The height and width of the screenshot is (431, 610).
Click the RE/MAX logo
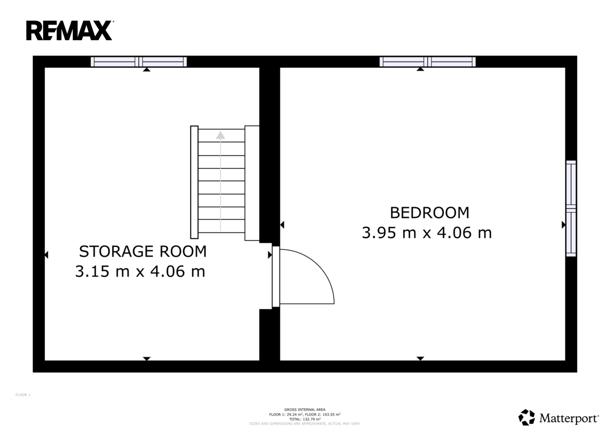70,30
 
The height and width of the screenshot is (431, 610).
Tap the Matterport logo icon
527,417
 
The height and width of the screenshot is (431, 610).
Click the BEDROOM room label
430,213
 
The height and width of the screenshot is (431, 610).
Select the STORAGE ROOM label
143,251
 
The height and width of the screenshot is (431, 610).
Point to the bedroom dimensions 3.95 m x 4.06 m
427,233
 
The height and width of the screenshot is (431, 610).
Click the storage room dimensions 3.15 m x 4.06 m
140,271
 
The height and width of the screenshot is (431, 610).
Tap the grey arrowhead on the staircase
221,135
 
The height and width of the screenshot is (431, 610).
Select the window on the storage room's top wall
139,62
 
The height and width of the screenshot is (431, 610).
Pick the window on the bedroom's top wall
427,62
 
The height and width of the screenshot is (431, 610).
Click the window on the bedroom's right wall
571,208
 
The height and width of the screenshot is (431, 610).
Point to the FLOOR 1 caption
23,395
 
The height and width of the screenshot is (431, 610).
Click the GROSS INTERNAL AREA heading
305,409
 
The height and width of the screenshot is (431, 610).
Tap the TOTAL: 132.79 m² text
305,419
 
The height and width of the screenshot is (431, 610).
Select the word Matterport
569,418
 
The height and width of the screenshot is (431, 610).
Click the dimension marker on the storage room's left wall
46,255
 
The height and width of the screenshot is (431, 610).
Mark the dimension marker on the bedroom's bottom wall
420,359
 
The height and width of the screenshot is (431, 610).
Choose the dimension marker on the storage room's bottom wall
147,359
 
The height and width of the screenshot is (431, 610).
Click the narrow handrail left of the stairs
194,182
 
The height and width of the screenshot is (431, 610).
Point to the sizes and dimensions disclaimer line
305,424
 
